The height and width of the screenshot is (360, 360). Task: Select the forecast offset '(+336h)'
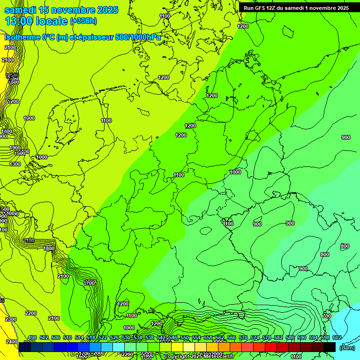[x=83, y=21]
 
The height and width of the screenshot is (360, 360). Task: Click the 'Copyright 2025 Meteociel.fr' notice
[x=199, y=357]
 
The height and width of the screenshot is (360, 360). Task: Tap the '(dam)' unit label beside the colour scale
[x=346, y=348]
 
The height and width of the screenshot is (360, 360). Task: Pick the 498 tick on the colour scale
[x=32, y=338]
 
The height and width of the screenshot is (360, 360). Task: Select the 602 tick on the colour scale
[x=337, y=338]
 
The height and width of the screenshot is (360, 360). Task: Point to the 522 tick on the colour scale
[x=103, y=338]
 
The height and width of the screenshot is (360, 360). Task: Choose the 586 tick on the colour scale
[x=290, y=338]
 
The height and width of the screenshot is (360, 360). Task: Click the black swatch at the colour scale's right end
[x=330, y=347]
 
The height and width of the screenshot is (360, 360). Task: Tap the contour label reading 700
[x=327, y=316]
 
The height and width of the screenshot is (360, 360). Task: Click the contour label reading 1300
[x=15, y=164]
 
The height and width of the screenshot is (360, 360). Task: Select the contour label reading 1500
[x=20, y=153]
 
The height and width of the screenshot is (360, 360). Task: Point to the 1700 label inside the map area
[x=90, y=283]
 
